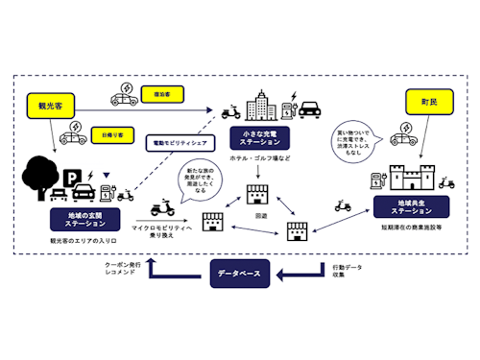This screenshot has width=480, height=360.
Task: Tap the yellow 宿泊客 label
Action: pyautogui.click(x=160, y=94)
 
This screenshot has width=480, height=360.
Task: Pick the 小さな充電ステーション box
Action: pyautogui.click(x=262, y=136)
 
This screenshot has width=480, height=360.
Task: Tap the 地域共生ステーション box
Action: pyautogui.click(x=400, y=205)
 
